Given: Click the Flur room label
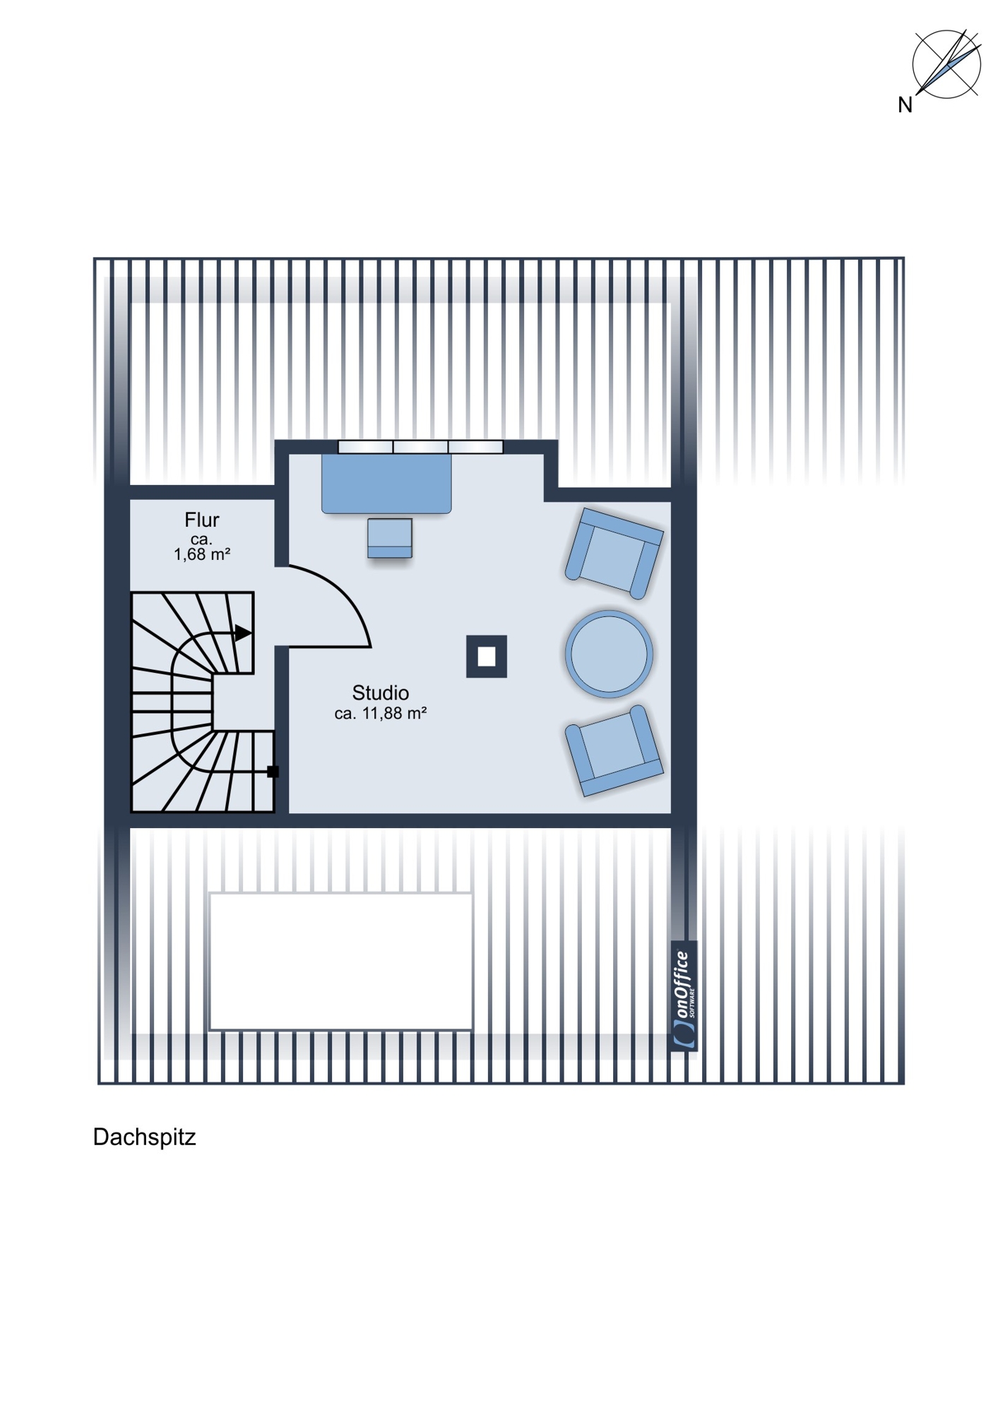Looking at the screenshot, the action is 201,520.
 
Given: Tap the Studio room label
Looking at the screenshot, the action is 380,693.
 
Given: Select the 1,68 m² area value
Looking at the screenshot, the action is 202,554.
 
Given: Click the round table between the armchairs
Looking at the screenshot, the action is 609,654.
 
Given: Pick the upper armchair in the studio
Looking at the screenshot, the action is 614,554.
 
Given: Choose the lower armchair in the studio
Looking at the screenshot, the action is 614,751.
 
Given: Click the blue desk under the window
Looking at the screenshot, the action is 386,484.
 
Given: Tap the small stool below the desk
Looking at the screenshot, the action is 390,538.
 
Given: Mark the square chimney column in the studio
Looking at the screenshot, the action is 487,657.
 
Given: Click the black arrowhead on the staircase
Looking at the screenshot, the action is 242,633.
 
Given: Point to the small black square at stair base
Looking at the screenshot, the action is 273,772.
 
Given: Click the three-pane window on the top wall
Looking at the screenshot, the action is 420,447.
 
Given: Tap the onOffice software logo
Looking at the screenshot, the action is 684,996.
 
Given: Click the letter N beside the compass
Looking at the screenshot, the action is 905,105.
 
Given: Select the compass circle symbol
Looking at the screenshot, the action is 946,64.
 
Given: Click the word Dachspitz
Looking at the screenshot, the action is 144,1137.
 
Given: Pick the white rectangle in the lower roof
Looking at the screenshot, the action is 341,962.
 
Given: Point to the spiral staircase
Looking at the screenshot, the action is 203,702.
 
